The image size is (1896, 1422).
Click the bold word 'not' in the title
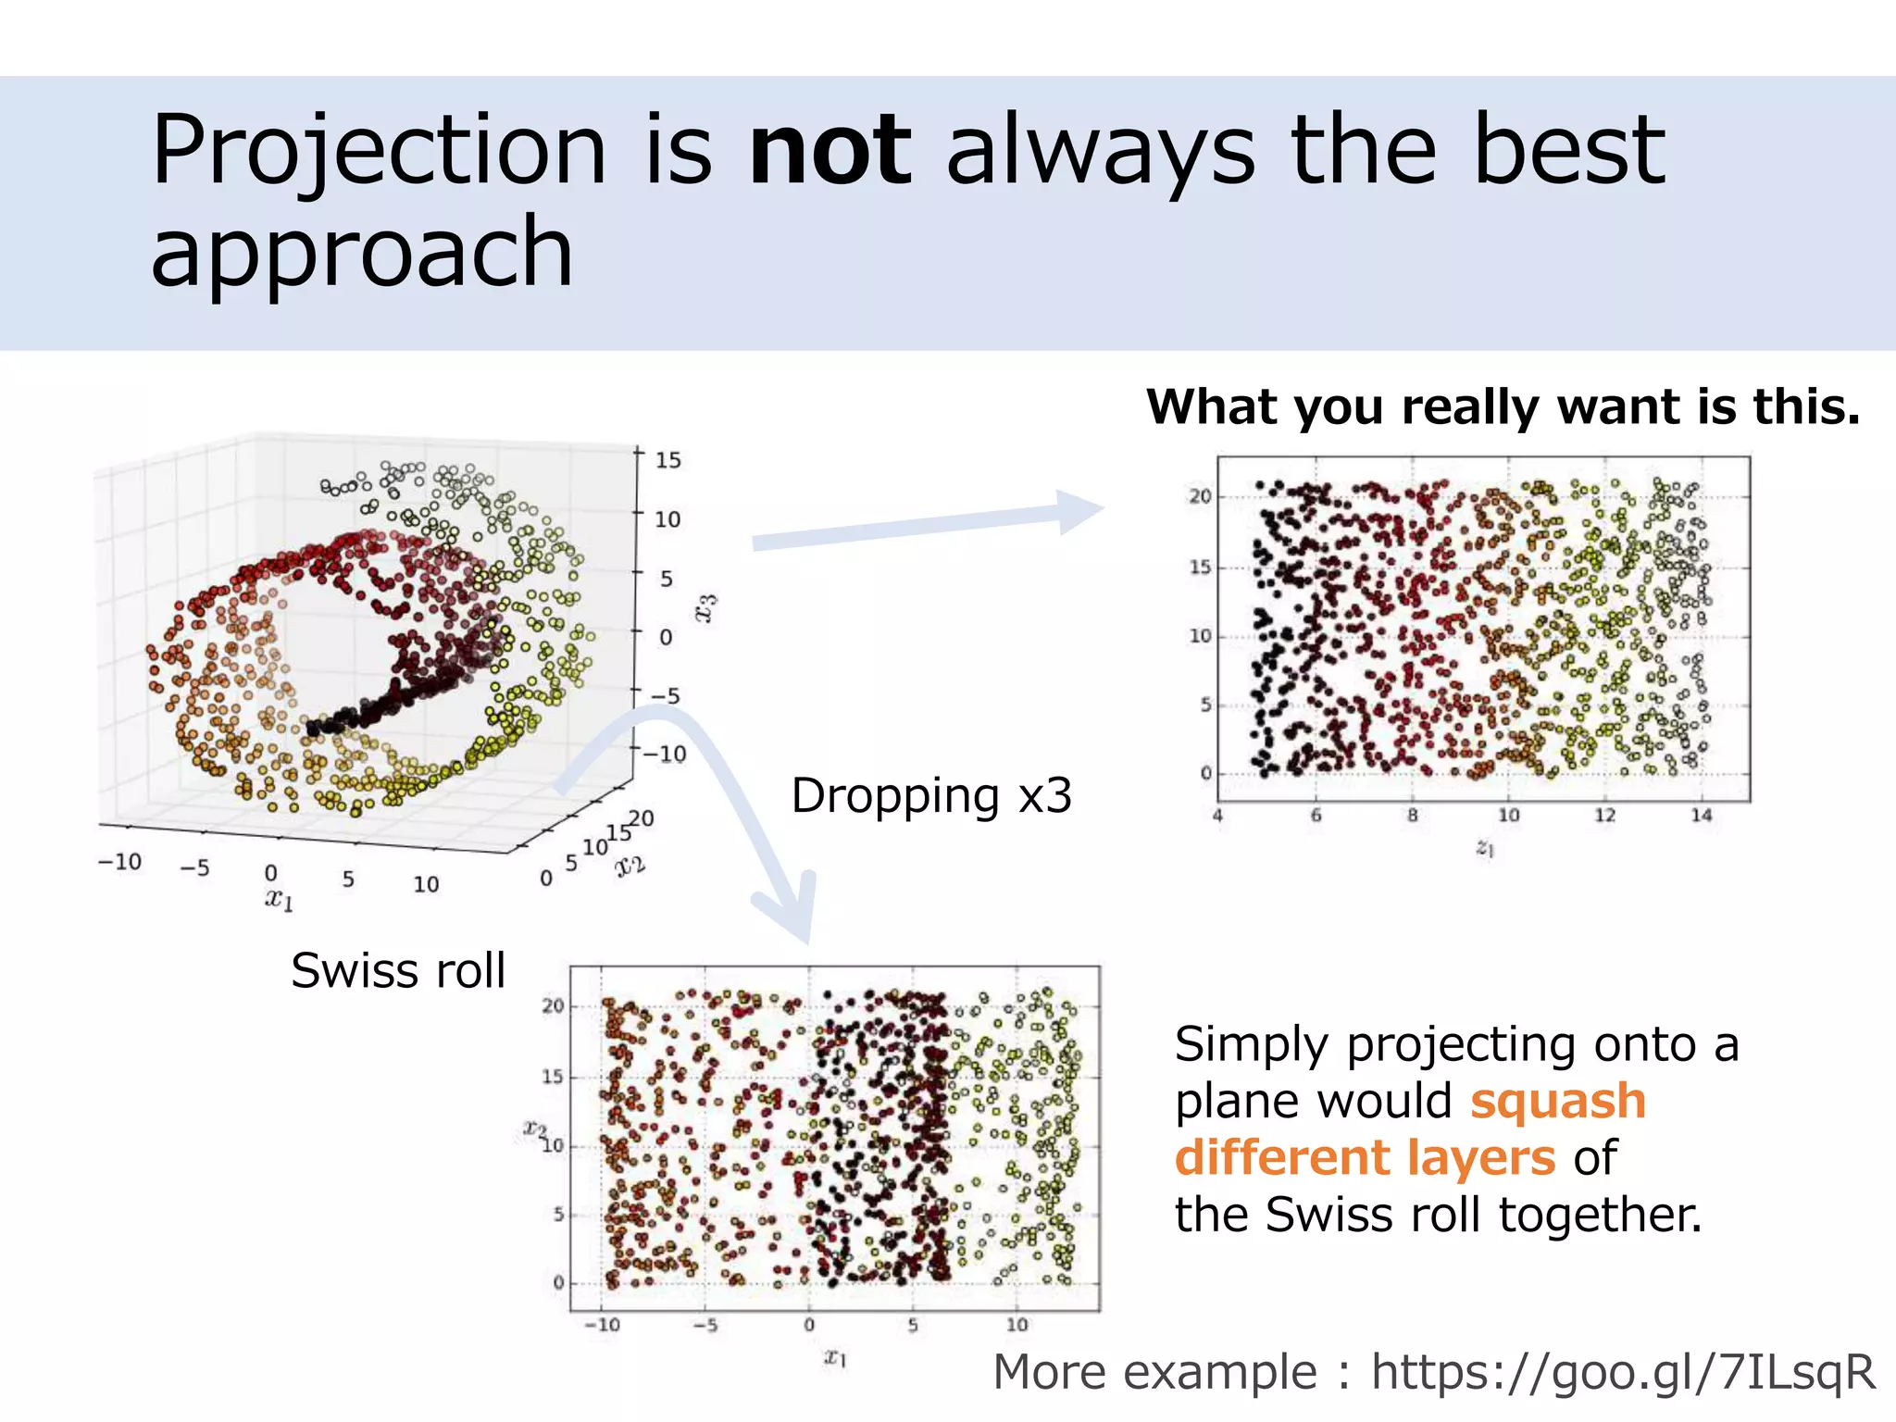pyautogui.click(x=830, y=150)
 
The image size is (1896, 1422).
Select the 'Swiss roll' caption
pyautogui.click(x=398, y=971)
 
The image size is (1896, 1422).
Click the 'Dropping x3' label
pyautogui.click(x=931, y=796)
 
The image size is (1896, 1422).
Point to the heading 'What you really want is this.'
pyautogui.click(x=1503, y=407)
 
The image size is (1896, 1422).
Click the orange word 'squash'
pyautogui.click(x=1558, y=1102)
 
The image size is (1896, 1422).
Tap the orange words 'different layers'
pyautogui.click(x=1365, y=1158)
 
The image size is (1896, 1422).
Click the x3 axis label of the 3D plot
pyautogui.click(x=706, y=608)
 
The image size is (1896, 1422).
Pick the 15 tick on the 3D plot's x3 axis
pyautogui.click(x=667, y=460)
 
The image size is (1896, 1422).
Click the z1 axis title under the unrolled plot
pyautogui.click(x=1484, y=848)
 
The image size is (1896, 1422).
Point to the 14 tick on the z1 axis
pyautogui.click(x=1701, y=816)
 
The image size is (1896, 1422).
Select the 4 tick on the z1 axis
pyautogui.click(x=1218, y=816)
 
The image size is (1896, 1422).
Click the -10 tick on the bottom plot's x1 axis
pyautogui.click(x=602, y=1325)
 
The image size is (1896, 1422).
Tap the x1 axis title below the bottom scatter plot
pyautogui.click(x=835, y=1358)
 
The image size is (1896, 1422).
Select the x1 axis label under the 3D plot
pyautogui.click(x=280, y=898)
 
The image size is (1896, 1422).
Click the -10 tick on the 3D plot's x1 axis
pyautogui.click(x=119, y=862)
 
